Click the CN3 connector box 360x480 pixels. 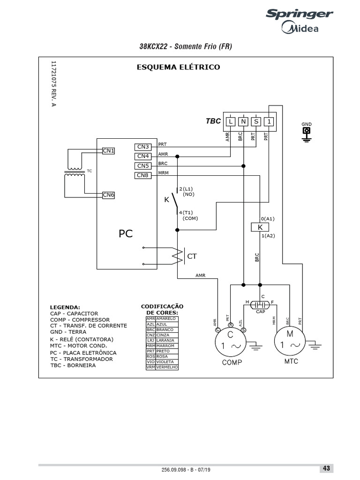[x=142, y=147]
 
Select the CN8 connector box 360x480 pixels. [x=142, y=176]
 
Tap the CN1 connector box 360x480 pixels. [x=109, y=150]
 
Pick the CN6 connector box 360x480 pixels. [x=109, y=195]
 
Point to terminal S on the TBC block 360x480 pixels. [x=256, y=121]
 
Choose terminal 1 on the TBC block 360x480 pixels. [x=269, y=121]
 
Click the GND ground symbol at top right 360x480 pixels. [x=307, y=133]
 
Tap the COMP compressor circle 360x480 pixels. [x=230, y=343]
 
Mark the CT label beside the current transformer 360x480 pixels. [x=192, y=256]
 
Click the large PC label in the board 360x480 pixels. [x=125, y=233]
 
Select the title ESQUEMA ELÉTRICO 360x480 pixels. [x=178, y=67]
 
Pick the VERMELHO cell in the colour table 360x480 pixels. [x=167, y=367]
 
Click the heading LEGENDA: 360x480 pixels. [x=65, y=307]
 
